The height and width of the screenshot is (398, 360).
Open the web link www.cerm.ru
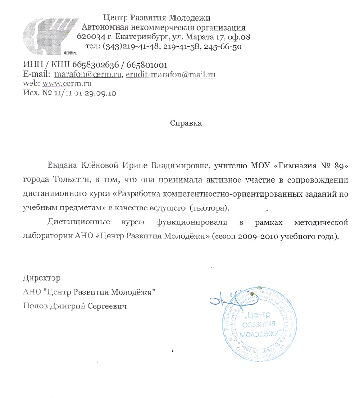[x=67, y=84]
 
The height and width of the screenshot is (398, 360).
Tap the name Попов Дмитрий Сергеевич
[x=75, y=306]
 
